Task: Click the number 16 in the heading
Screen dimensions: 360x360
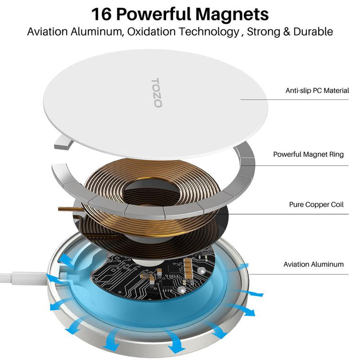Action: (x=103, y=14)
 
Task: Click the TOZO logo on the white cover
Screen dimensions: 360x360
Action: (x=157, y=93)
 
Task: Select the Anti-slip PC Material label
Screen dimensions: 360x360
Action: (x=317, y=90)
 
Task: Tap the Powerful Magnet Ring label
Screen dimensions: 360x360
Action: (x=308, y=155)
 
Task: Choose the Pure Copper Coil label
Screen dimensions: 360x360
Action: (x=316, y=204)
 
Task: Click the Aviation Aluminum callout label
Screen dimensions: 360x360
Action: (x=313, y=264)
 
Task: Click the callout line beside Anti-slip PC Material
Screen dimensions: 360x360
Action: (x=262, y=100)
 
